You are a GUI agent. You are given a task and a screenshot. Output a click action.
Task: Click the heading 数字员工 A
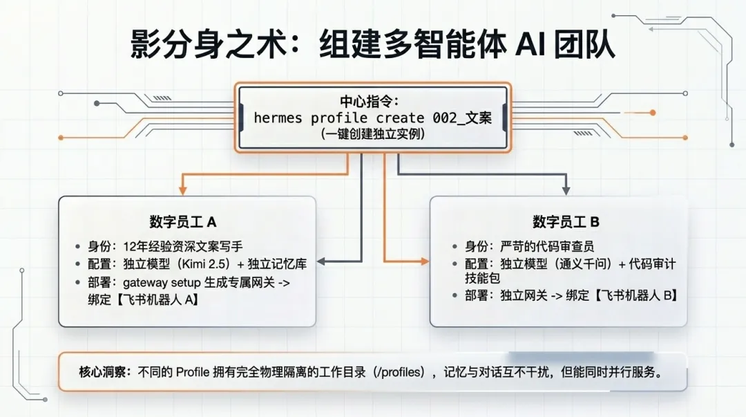(182, 221)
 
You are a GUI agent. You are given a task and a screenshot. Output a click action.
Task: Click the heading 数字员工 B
(566, 222)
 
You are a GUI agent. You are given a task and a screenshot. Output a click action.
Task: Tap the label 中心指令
(372, 100)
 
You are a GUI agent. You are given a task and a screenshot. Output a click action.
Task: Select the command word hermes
(278, 118)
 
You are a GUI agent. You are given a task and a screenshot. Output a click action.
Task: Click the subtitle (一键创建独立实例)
(372, 135)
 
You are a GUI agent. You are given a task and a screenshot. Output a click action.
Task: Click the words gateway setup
(162, 282)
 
